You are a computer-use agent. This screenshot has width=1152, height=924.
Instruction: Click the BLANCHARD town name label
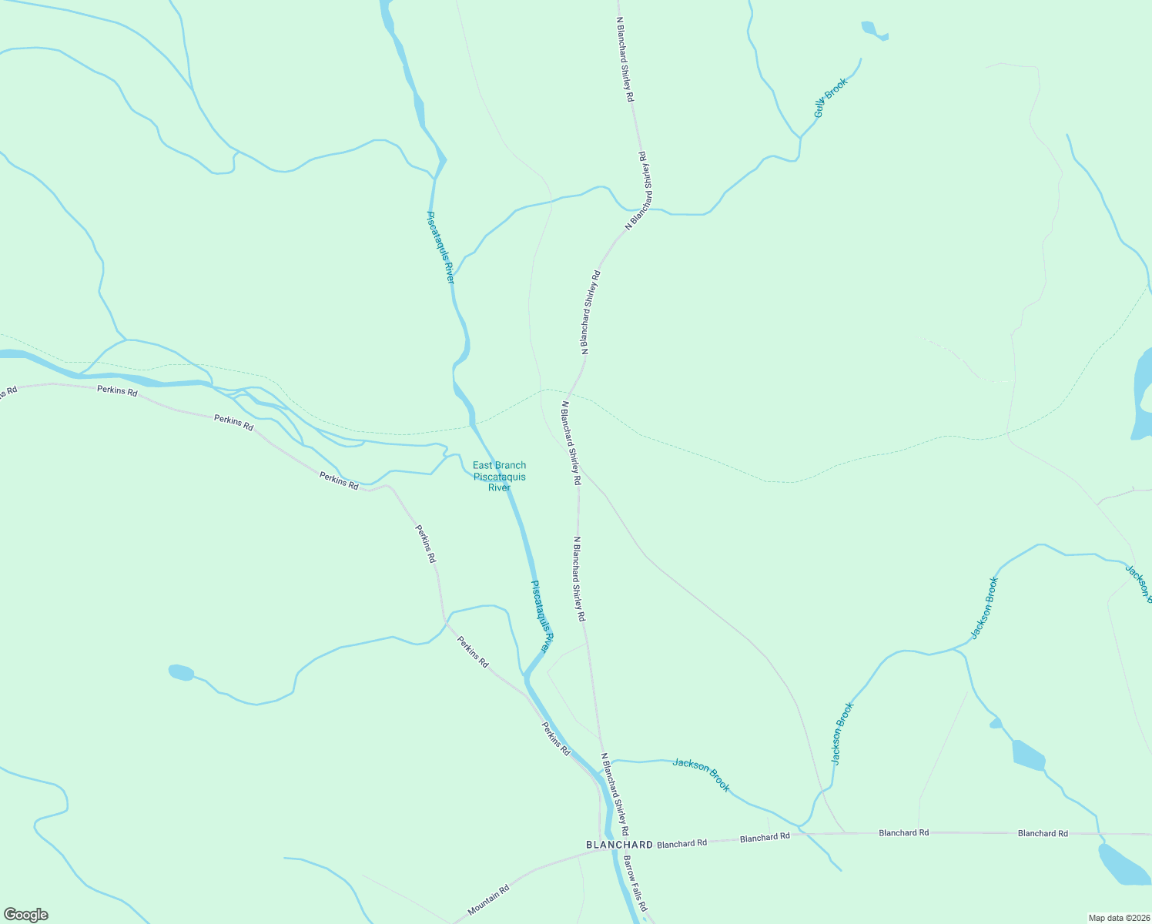[619, 845]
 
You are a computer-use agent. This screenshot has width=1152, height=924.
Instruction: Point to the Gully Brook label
[830, 98]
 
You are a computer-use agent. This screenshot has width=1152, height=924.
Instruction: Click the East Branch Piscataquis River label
[499, 476]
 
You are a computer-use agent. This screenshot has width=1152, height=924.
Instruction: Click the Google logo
[25, 915]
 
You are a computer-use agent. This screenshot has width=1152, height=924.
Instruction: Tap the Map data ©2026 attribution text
[1117, 918]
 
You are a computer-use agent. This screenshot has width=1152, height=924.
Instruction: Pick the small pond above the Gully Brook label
[873, 31]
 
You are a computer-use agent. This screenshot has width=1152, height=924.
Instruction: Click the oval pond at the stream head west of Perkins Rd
[180, 672]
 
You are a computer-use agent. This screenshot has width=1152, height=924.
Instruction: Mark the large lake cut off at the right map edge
[1142, 393]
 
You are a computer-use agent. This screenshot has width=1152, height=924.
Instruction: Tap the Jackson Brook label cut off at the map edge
[1138, 584]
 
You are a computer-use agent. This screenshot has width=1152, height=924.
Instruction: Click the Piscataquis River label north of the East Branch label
[440, 247]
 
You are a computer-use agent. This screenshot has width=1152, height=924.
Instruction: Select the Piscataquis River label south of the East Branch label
[541, 617]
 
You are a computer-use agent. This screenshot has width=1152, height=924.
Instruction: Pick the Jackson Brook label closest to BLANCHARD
[701, 774]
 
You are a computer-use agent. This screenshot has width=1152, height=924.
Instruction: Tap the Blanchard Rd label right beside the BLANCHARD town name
[681, 844]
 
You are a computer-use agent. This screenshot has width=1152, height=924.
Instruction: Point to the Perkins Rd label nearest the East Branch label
[339, 481]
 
